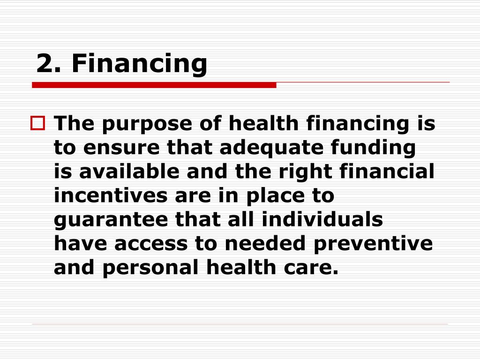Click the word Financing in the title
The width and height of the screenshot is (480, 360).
139,64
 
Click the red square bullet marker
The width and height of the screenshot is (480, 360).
37,124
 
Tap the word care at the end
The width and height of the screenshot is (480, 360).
314,268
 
